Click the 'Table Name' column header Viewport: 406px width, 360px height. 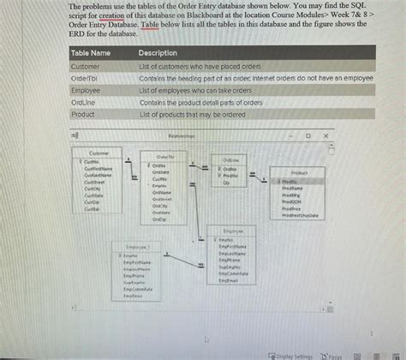[90, 53]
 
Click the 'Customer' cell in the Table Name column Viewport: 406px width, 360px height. [85, 66]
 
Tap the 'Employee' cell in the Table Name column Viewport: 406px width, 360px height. [86, 90]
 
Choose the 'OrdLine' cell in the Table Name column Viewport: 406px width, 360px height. [83, 102]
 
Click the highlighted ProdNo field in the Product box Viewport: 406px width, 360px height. [291, 182]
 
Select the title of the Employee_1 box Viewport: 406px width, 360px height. [138, 246]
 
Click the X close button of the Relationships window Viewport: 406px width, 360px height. [325, 135]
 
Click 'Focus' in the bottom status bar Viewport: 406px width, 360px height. [333, 355]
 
